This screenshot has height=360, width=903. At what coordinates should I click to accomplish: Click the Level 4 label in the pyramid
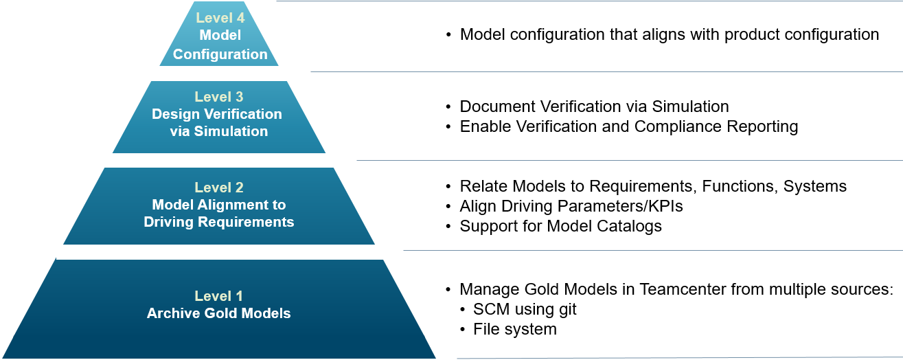(x=220, y=18)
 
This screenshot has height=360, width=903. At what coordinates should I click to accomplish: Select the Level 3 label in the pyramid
(x=218, y=97)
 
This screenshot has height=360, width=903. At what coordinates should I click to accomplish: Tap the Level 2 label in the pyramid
(x=218, y=187)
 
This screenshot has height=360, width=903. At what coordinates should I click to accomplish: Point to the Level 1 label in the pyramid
(x=218, y=296)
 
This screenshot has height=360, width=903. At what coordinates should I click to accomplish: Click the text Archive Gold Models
(x=218, y=313)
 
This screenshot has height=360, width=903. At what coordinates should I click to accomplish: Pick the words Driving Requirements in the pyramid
(x=218, y=222)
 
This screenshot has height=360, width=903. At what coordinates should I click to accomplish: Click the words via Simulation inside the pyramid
(x=218, y=131)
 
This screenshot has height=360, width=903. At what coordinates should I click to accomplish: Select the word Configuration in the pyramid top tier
(x=220, y=54)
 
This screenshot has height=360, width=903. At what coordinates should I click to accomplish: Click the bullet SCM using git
(x=525, y=309)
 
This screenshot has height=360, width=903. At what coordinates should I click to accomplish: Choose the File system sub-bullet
(x=514, y=329)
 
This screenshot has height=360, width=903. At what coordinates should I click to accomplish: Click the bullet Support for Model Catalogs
(x=560, y=226)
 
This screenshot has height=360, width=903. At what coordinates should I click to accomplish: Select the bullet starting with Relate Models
(x=652, y=186)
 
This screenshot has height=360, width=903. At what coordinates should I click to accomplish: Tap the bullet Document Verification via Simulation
(x=594, y=106)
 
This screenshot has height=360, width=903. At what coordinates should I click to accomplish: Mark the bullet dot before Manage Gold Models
(x=449, y=290)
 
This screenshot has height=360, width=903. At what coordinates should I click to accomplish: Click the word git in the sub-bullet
(x=567, y=309)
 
